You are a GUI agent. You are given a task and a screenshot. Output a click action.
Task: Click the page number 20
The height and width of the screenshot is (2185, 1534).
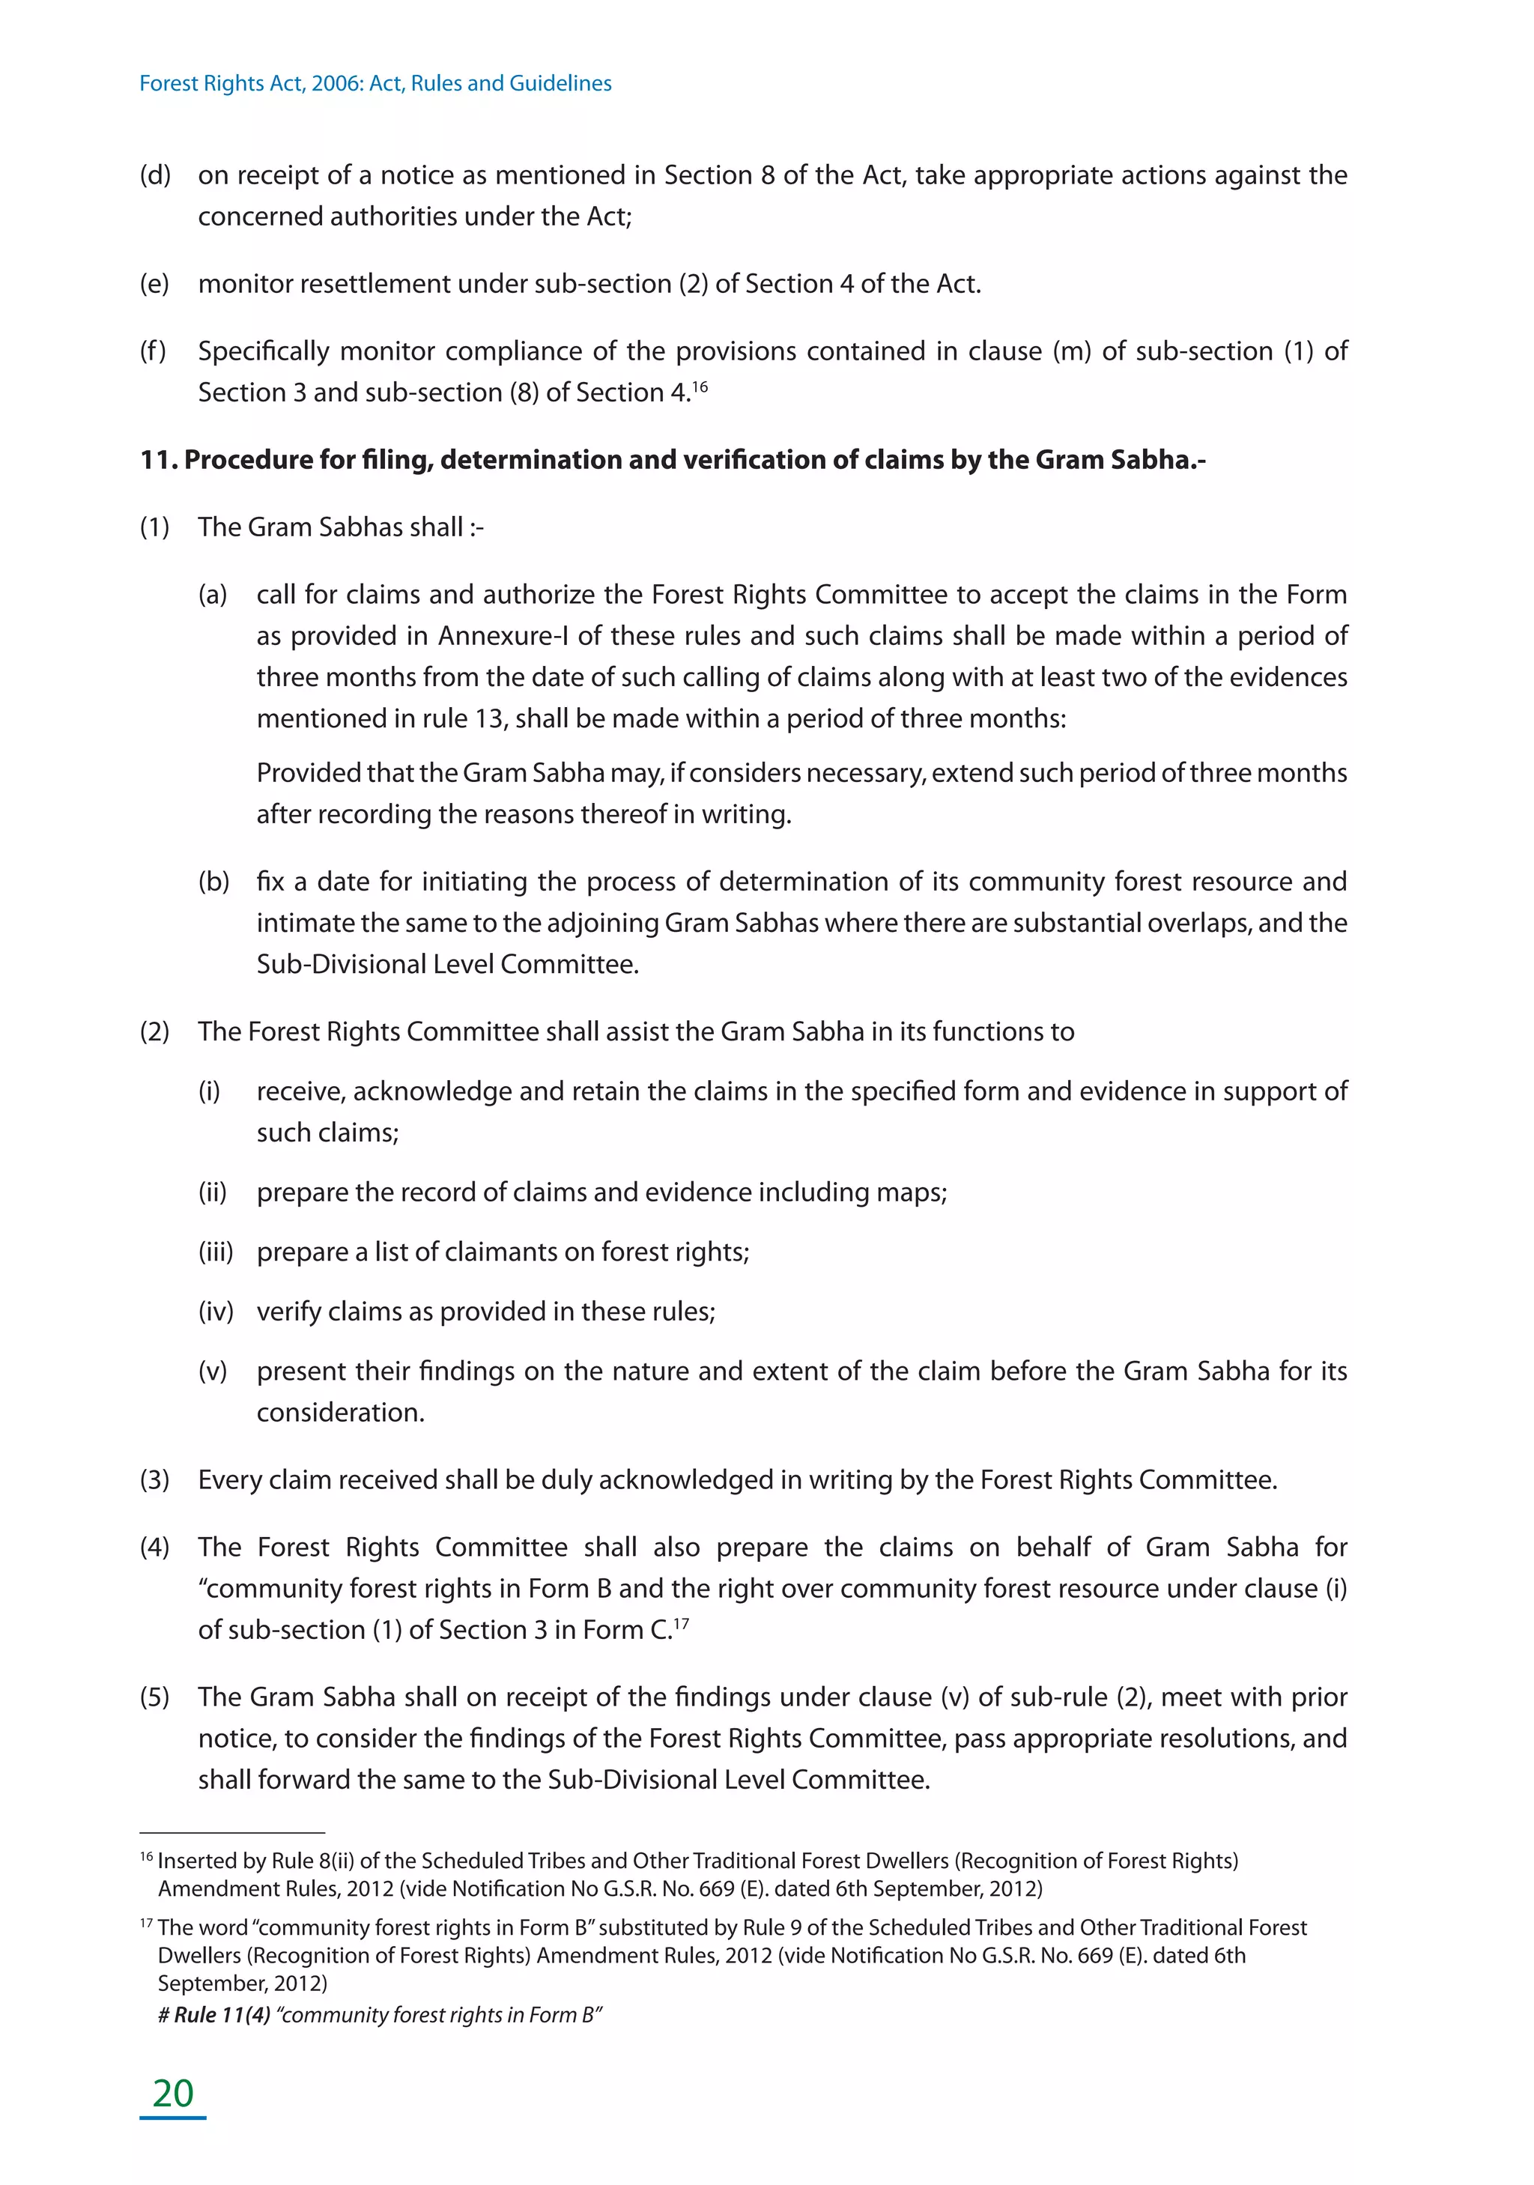click(x=173, y=2093)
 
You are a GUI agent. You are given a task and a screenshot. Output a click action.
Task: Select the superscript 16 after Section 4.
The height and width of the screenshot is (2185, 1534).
click(x=700, y=386)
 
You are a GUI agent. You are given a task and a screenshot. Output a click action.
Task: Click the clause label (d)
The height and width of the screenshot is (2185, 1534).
click(x=155, y=175)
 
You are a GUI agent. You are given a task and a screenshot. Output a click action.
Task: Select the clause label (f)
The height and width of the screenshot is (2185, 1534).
click(x=154, y=351)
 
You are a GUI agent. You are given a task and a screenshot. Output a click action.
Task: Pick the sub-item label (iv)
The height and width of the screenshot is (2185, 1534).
click(x=216, y=1312)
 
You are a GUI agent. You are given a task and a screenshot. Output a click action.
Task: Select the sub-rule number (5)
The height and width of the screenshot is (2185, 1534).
click(x=155, y=1697)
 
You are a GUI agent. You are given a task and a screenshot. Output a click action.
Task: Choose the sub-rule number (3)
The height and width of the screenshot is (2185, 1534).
click(x=155, y=1480)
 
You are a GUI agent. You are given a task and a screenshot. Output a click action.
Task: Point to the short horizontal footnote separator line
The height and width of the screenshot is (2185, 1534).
click(x=232, y=1832)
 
